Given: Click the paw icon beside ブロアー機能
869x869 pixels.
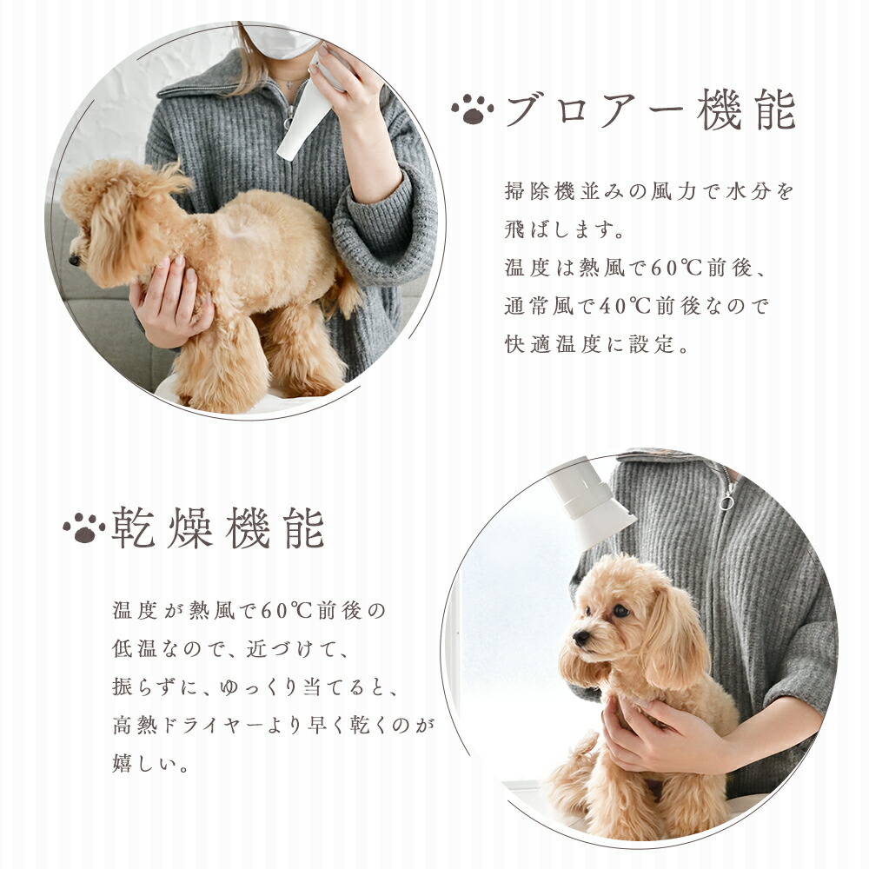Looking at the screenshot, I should pos(472,109).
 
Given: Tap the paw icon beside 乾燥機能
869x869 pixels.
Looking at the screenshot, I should pos(83,527).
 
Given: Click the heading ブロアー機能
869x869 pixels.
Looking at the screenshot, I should pos(649,110).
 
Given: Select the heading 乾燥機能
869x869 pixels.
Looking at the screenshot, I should pos(217,527).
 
